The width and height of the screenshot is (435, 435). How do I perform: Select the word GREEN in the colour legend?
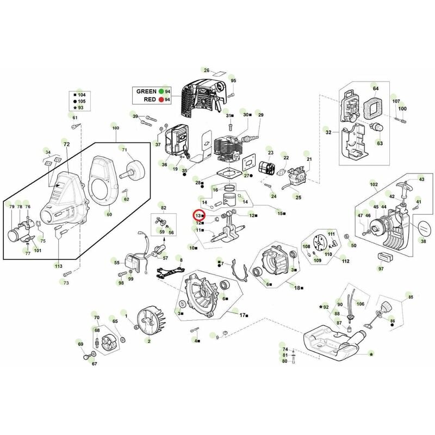(145, 91)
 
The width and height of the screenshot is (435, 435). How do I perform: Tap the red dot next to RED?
(161, 100)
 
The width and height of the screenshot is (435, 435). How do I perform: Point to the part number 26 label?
(206, 70)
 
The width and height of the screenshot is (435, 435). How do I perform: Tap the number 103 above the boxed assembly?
(115, 127)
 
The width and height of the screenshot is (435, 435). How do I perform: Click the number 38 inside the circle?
(424, 241)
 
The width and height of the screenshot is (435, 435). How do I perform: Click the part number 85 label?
(411, 297)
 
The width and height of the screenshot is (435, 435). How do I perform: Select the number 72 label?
(66, 145)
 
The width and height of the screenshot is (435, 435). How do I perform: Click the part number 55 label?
(116, 263)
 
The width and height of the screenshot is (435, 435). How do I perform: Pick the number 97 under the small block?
(381, 269)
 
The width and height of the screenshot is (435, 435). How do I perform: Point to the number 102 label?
(374, 184)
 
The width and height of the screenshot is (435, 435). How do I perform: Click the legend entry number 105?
(82, 101)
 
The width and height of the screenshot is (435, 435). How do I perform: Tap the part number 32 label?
(328, 132)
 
